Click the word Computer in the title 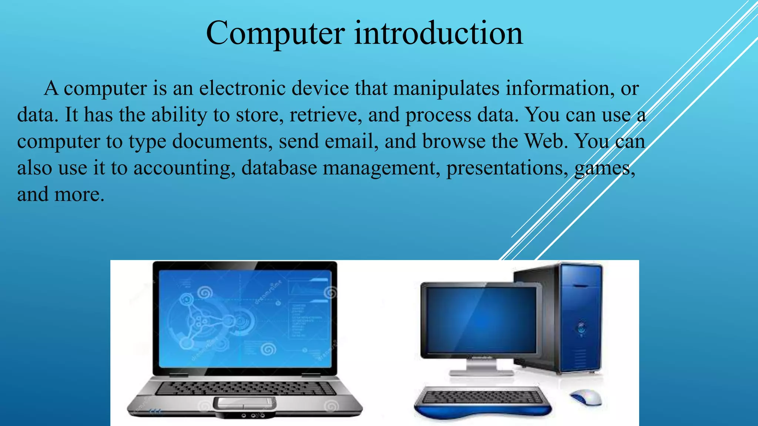275,33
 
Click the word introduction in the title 439,33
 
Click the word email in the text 351,142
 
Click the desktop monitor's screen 481,320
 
